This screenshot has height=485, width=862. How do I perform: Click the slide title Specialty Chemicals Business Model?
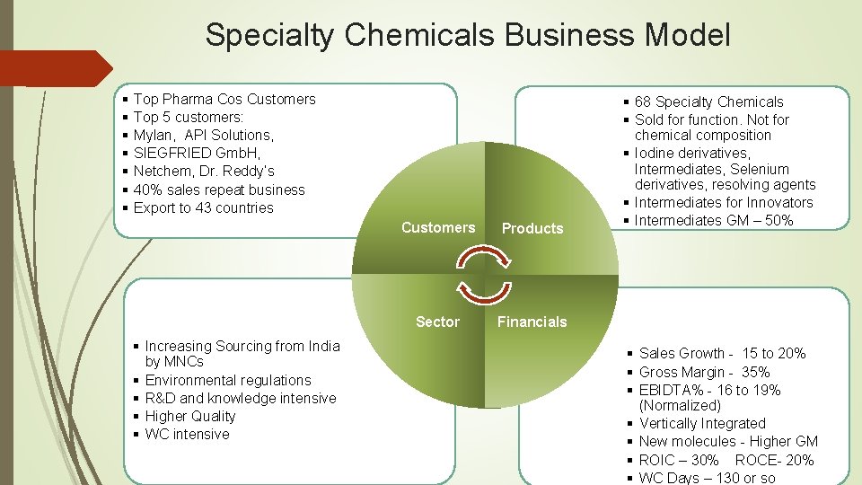coord(467,36)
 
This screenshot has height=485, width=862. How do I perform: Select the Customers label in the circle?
coord(438,228)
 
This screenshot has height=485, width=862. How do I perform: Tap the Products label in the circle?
coord(532,229)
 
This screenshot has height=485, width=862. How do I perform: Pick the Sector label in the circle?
coord(437,322)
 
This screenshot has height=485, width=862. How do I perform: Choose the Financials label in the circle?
coord(532,322)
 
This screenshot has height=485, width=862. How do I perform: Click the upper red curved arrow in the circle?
coord(485,260)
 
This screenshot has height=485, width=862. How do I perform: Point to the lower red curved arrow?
coord(485,291)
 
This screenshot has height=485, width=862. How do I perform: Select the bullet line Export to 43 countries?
coord(203,208)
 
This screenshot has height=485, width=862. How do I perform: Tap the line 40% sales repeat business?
coord(219,190)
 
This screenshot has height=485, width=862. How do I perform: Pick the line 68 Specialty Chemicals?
coord(708,102)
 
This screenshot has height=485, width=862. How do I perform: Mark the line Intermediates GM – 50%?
coord(714,220)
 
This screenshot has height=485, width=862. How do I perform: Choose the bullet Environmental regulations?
coord(228,381)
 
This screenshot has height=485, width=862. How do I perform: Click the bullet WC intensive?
coord(187,435)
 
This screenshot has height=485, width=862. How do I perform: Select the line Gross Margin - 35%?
coord(704,372)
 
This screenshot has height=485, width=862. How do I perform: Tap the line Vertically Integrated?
coord(702,424)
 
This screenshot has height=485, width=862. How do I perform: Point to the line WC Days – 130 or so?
coord(707,478)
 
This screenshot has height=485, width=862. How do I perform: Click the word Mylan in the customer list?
coord(153,136)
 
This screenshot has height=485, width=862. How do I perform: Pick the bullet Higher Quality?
coord(190,417)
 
